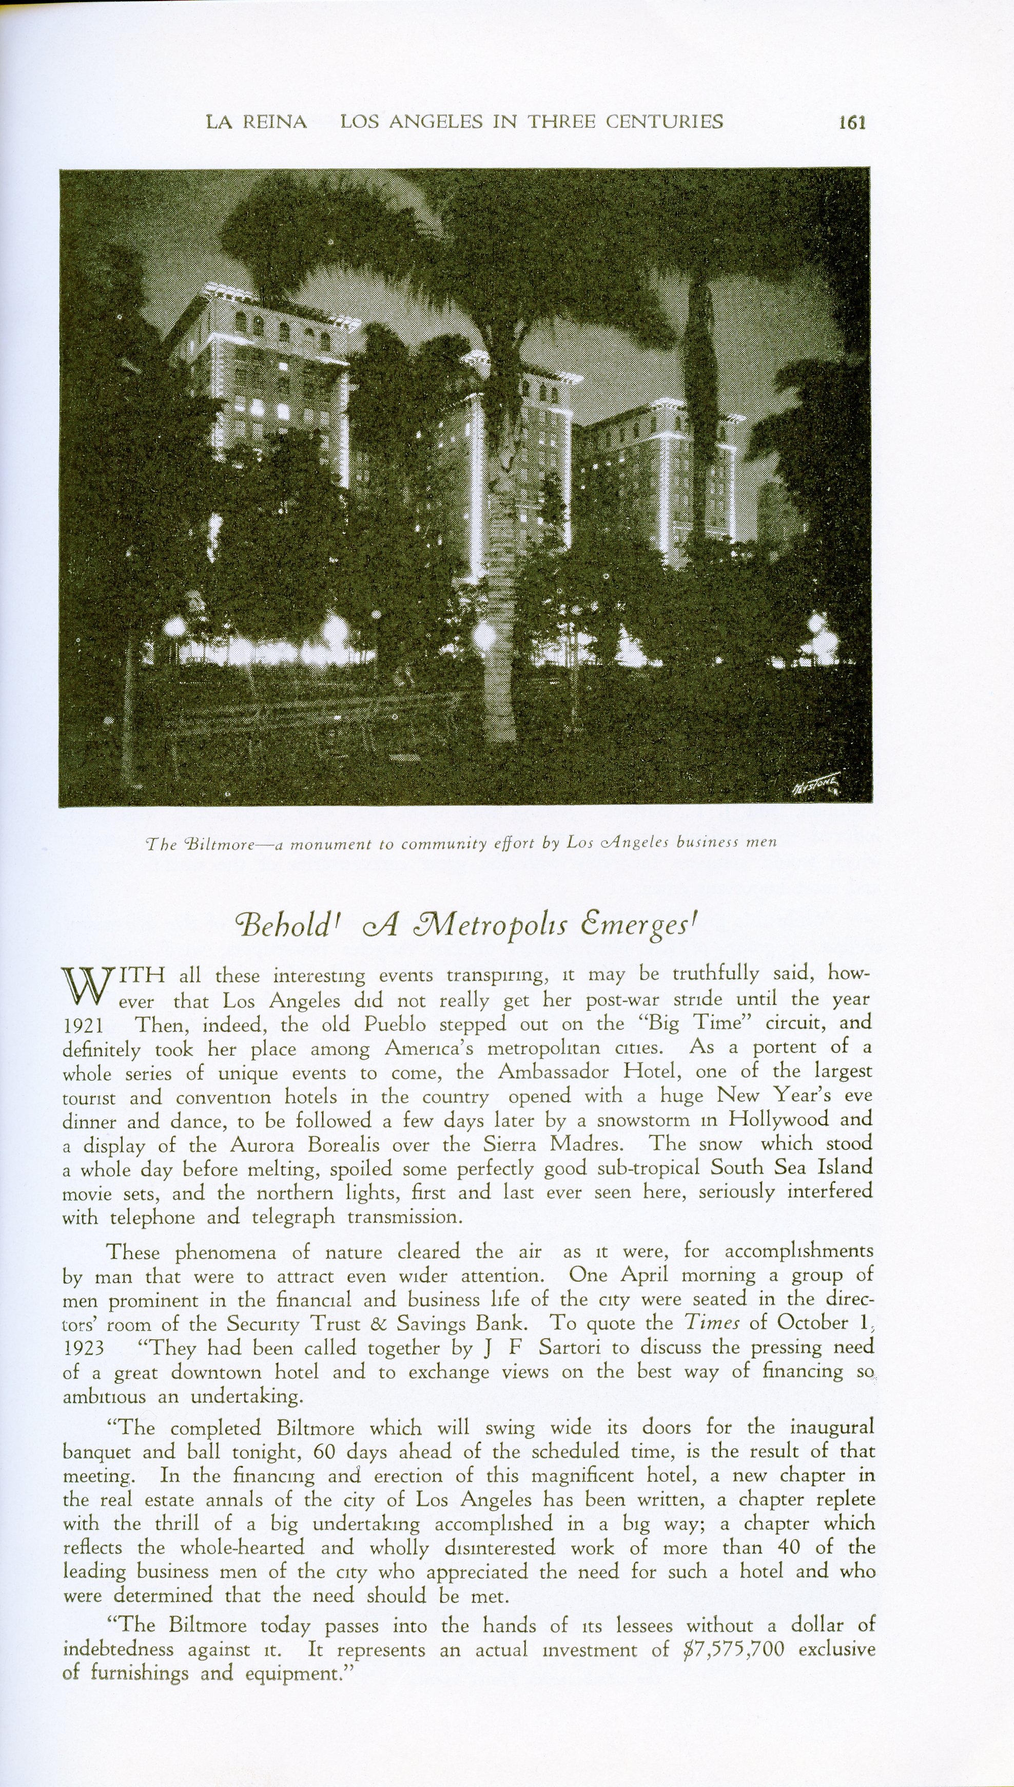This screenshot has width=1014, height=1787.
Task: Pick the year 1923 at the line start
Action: tap(83, 1347)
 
